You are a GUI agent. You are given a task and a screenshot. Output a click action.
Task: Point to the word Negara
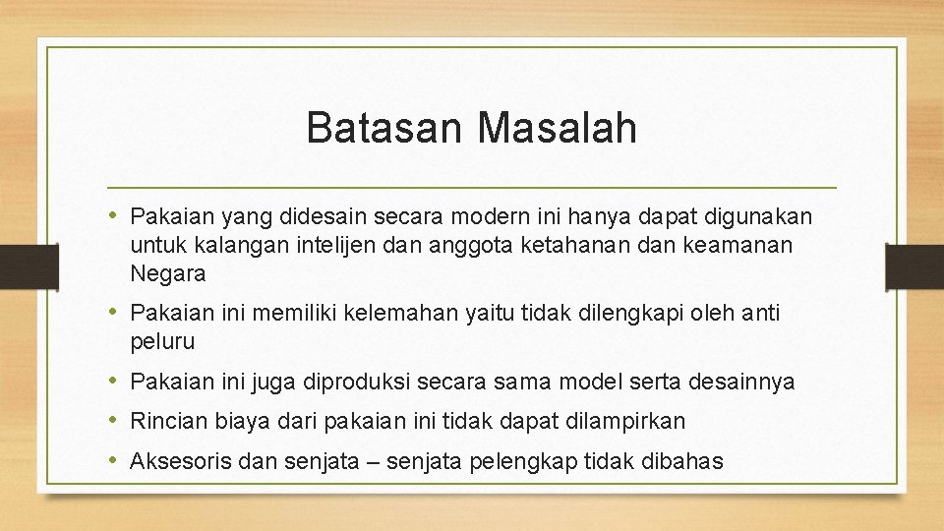click(x=167, y=274)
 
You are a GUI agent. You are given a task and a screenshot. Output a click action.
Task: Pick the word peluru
click(x=162, y=342)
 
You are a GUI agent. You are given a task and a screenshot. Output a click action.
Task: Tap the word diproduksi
click(x=345, y=382)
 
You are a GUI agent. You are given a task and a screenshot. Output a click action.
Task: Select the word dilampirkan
click(x=626, y=421)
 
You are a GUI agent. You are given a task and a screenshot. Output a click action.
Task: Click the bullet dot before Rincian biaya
click(x=116, y=421)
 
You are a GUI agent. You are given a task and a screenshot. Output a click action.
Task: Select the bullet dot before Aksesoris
click(x=116, y=459)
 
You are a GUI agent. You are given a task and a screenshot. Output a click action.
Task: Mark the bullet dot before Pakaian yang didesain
click(x=116, y=214)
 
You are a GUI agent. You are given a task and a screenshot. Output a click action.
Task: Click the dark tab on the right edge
click(x=914, y=265)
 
